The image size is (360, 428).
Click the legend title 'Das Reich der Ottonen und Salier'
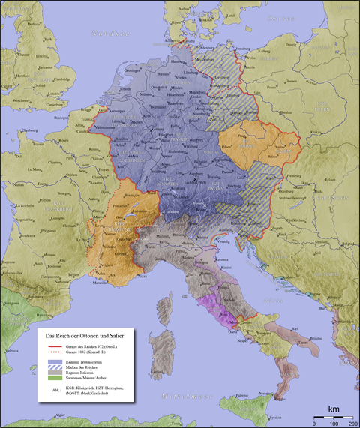coord(84,335)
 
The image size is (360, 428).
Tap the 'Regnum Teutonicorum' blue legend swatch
coord(55,361)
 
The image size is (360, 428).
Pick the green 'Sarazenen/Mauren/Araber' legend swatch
coord(55,379)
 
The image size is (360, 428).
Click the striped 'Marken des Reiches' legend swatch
coord(55,367)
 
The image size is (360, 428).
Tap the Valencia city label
coord(10,351)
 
